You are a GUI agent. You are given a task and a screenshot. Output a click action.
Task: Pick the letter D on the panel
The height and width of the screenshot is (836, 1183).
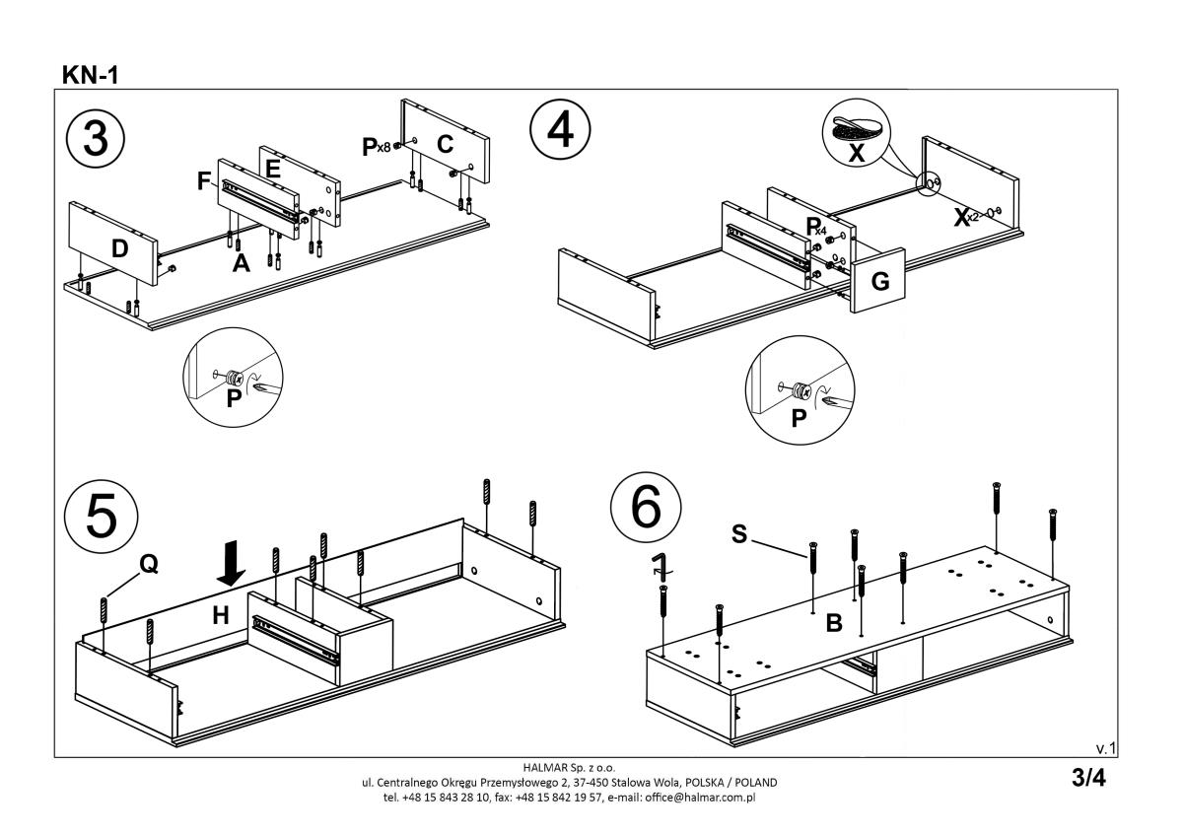(x=119, y=249)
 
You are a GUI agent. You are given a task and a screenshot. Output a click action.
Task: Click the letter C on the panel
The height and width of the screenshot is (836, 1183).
(x=445, y=145)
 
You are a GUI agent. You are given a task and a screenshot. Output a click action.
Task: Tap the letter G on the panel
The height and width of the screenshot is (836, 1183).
(x=880, y=282)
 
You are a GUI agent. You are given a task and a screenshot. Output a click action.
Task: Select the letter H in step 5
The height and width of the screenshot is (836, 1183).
(x=221, y=616)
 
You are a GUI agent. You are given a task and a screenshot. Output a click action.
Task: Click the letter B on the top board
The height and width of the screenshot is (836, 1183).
(x=833, y=623)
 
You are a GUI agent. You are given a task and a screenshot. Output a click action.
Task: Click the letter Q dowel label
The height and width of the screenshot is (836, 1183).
(x=148, y=564)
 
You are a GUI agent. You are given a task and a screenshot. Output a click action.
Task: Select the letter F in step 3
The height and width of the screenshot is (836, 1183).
(x=204, y=180)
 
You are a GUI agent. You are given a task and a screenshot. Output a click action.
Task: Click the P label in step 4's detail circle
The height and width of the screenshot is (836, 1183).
(x=799, y=417)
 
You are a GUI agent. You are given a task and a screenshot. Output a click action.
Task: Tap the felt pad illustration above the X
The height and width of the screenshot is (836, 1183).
(x=855, y=130)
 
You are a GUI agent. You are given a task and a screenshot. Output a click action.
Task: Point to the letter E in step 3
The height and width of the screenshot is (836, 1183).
(x=273, y=169)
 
